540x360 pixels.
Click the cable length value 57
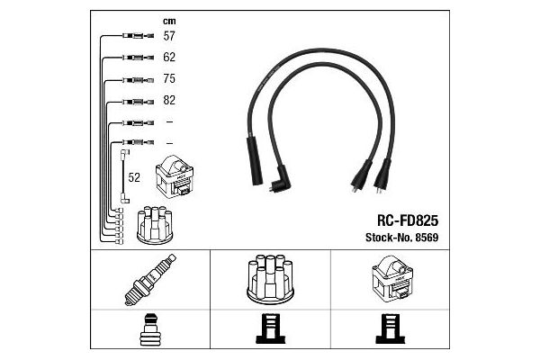[x=169, y=37]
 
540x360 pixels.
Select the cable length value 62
[x=169, y=58]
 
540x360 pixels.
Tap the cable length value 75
[x=169, y=78]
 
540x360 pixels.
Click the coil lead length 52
[x=135, y=178]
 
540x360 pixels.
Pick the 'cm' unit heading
[x=168, y=20]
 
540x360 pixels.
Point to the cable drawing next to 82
[x=130, y=101]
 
